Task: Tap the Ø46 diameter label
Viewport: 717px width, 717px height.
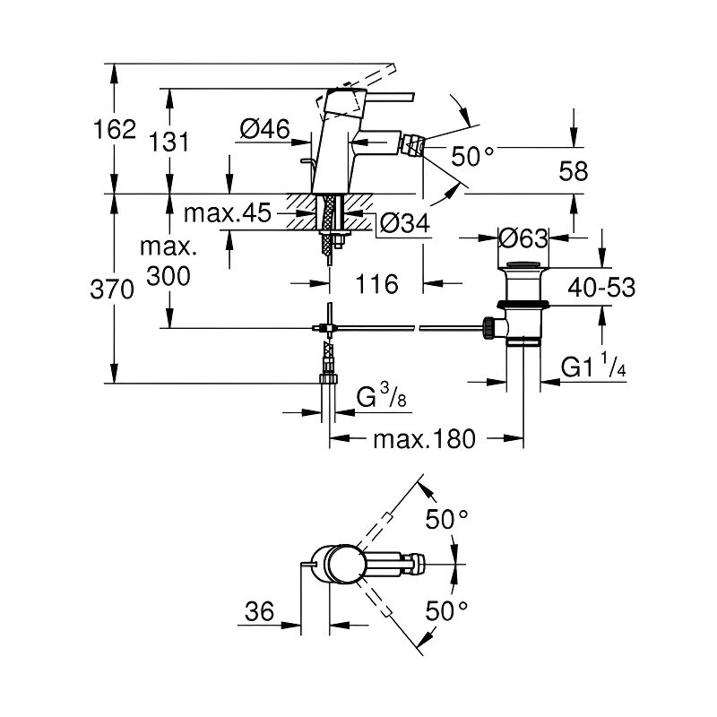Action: pyautogui.click(x=264, y=131)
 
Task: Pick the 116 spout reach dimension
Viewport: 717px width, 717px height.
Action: pyautogui.click(x=376, y=285)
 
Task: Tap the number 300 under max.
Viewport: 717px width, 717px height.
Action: pyautogui.click(x=168, y=278)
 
